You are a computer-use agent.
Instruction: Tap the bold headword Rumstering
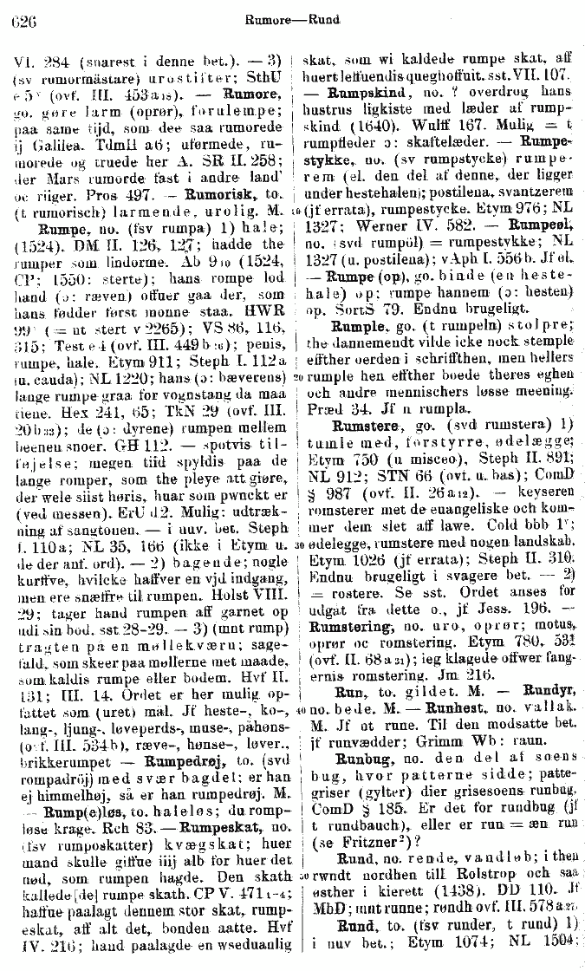click(350, 598)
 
